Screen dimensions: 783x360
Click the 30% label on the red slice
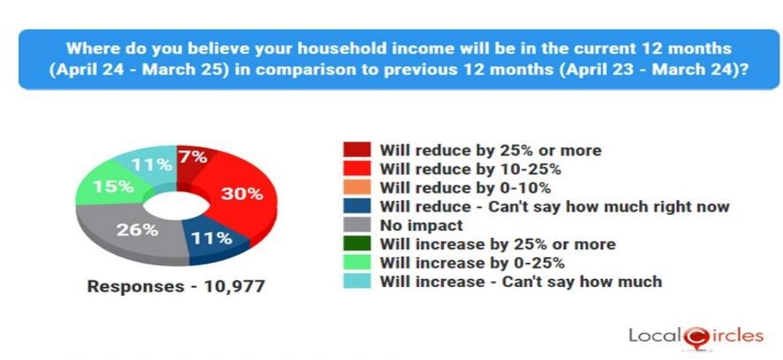pyautogui.click(x=242, y=194)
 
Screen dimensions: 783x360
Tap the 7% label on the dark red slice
pyautogui.click(x=194, y=157)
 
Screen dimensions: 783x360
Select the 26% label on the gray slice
pyautogui.click(x=137, y=230)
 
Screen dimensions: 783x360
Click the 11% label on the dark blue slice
pyautogui.click(x=212, y=238)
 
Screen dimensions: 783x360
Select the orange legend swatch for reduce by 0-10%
pyautogui.click(x=357, y=187)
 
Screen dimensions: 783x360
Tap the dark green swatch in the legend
pyautogui.click(x=357, y=244)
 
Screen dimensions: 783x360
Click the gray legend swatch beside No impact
pyautogui.click(x=357, y=225)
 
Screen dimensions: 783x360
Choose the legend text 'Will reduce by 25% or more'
pyautogui.click(x=490, y=150)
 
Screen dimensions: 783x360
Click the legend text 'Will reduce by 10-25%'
pyautogui.click(x=470, y=169)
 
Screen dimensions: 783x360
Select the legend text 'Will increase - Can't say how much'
pyautogui.click(x=521, y=282)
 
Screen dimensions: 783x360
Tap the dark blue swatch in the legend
pyautogui.click(x=357, y=206)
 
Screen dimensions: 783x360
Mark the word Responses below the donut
pyautogui.click(x=136, y=287)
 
